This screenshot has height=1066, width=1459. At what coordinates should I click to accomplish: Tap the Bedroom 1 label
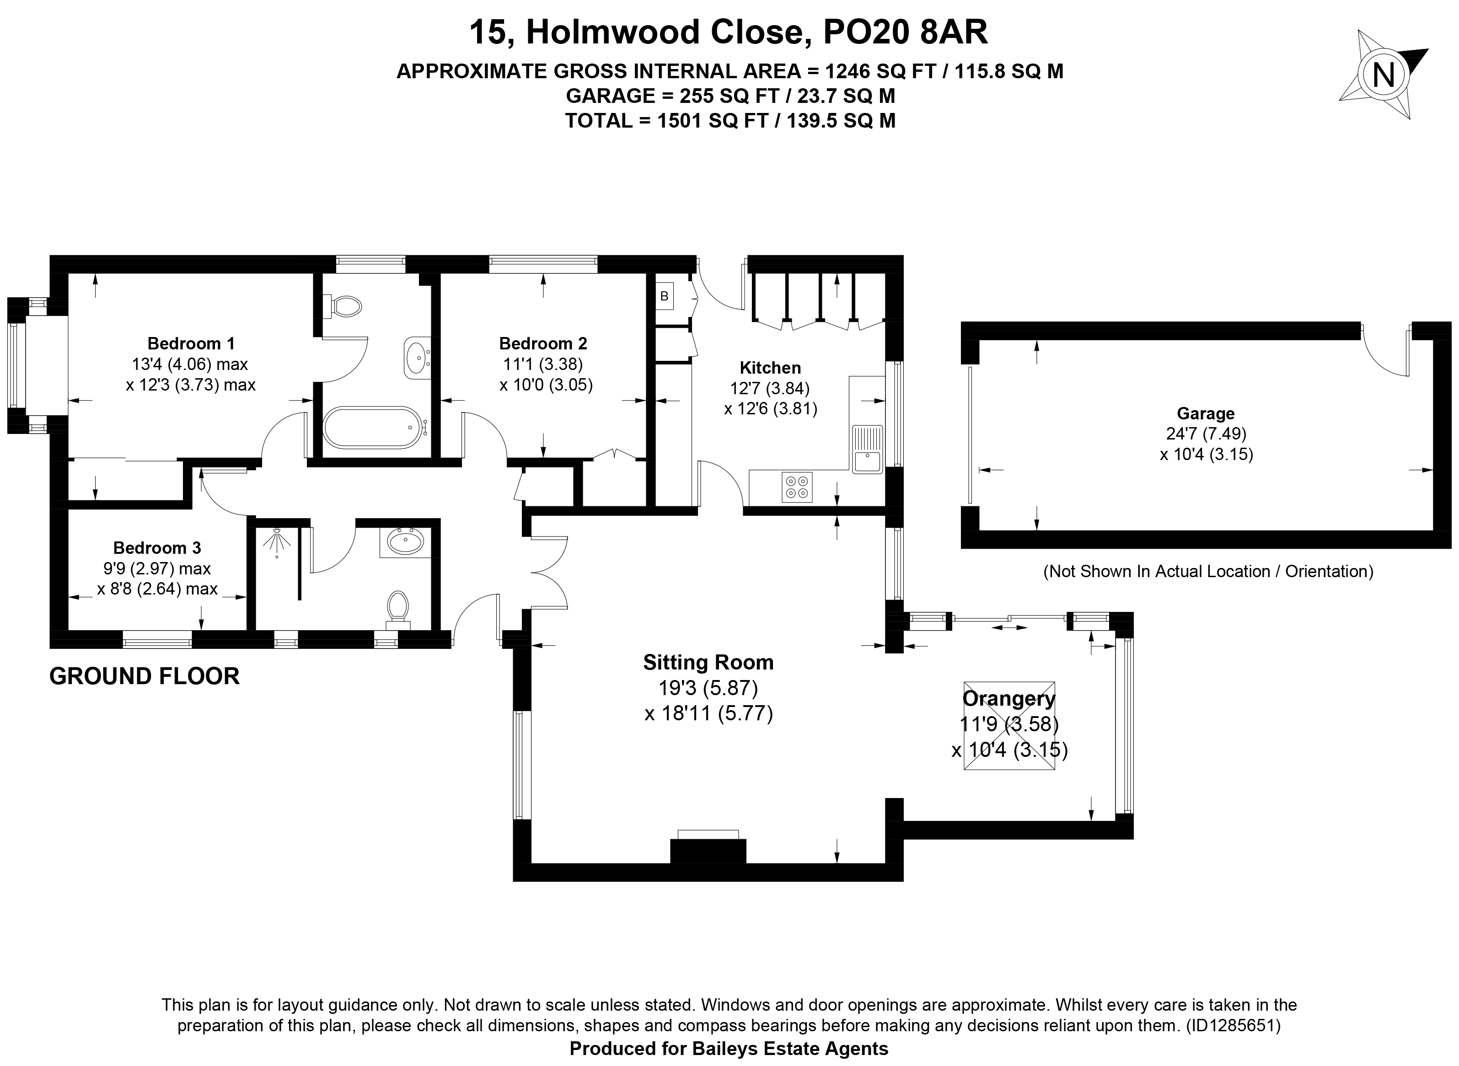point(191,343)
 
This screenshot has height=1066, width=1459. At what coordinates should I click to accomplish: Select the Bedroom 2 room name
point(543,343)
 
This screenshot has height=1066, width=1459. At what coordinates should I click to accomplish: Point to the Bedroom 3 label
point(157,548)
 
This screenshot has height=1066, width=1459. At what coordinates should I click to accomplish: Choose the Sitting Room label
point(708,662)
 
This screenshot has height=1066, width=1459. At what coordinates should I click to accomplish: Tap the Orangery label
point(1008,698)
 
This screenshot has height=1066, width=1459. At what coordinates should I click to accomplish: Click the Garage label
point(1206,413)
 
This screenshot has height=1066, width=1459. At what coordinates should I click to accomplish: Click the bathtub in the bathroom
point(372,427)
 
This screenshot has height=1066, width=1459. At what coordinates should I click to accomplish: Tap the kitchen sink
point(867,449)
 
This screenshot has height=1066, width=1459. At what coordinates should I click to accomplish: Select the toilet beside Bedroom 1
point(345,306)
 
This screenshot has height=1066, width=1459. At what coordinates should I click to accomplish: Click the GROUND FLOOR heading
point(145,676)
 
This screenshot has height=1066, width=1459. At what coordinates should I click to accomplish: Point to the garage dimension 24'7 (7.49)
point(1206,434)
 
